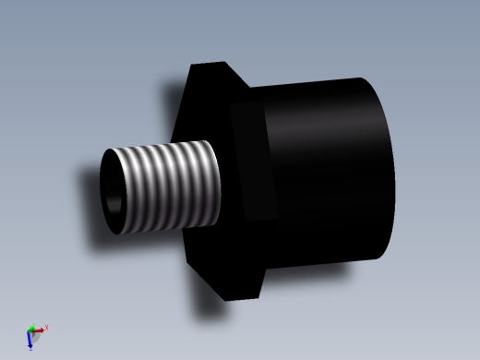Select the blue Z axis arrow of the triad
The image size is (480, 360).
[30, 342]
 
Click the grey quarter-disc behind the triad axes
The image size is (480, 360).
[38, 338]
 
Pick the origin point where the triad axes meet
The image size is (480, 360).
[30, 330]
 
